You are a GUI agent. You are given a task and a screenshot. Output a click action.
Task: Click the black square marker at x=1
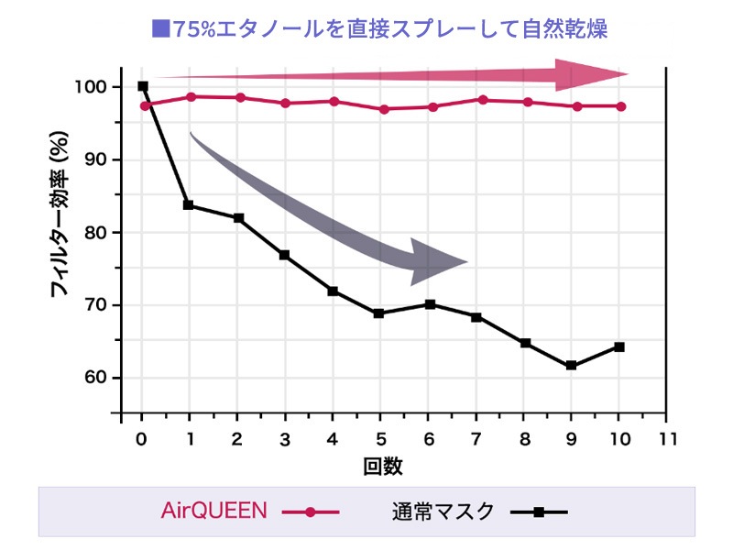(x=189, y=205)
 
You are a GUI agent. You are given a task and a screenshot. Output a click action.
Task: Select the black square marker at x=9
(x=571, y=366)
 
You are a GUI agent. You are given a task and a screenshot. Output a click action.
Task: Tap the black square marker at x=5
(x=380, y=313)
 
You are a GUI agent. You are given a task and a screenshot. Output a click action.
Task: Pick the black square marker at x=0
(x=142, y=86)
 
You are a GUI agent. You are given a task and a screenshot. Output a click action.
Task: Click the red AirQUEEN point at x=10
(x=620, y=106)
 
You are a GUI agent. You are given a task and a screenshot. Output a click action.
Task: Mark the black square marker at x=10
(x=619, y=346)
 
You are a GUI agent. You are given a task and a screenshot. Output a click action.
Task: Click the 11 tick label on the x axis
(x=667, y=439)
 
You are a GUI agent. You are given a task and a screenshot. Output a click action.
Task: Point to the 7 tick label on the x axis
(x=476, y=439)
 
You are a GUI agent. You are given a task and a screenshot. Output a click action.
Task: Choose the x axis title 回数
(x=382, y=466)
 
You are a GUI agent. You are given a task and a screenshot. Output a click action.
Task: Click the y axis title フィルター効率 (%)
(x=61, y=217)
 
